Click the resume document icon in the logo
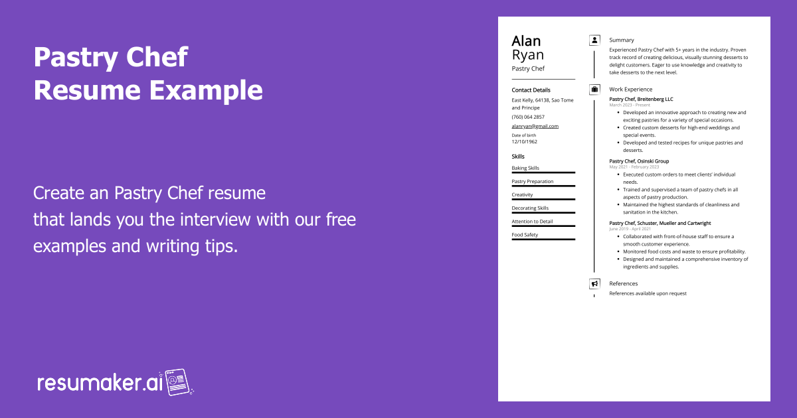pyautogui.click(x=177, y=382)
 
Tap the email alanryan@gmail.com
pyautogui.click(x=535, y=126)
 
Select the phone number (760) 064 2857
pyautogui.click(x=528, y=117)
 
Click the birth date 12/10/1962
pyautogui.click(x=525, y=141)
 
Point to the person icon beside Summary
pyautogui.click(x=594, y=40)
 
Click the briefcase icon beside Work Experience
pyautogui.click(x=594, y=89)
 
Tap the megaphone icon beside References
pyautogui.click(x=594, y=284)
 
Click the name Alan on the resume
pyautogui.click(x=526, y=41)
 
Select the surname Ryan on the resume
pyautogui.click(x=527, y=55)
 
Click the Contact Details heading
pyautogui.click(x=531, y=90)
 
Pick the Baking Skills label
pyautogui.click(x=525, y=168)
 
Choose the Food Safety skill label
pyautogui.click(x=525, y=235)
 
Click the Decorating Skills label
pyautogui.click(x=530, y=208)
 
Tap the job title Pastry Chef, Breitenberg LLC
pyautogui.click(x=641, y=99)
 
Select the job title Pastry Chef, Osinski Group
pyautogui.click(x=639, y=161)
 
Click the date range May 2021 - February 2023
pyautogui.click(x=634, y=167)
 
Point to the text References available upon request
pyautogui.click(x=648, y=293)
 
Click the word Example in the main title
pyautogui.click(x=206, y=90)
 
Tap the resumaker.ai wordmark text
pyautogui.click(x=100, y=383)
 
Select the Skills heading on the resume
pyautogui.click(x=518, y=157)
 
